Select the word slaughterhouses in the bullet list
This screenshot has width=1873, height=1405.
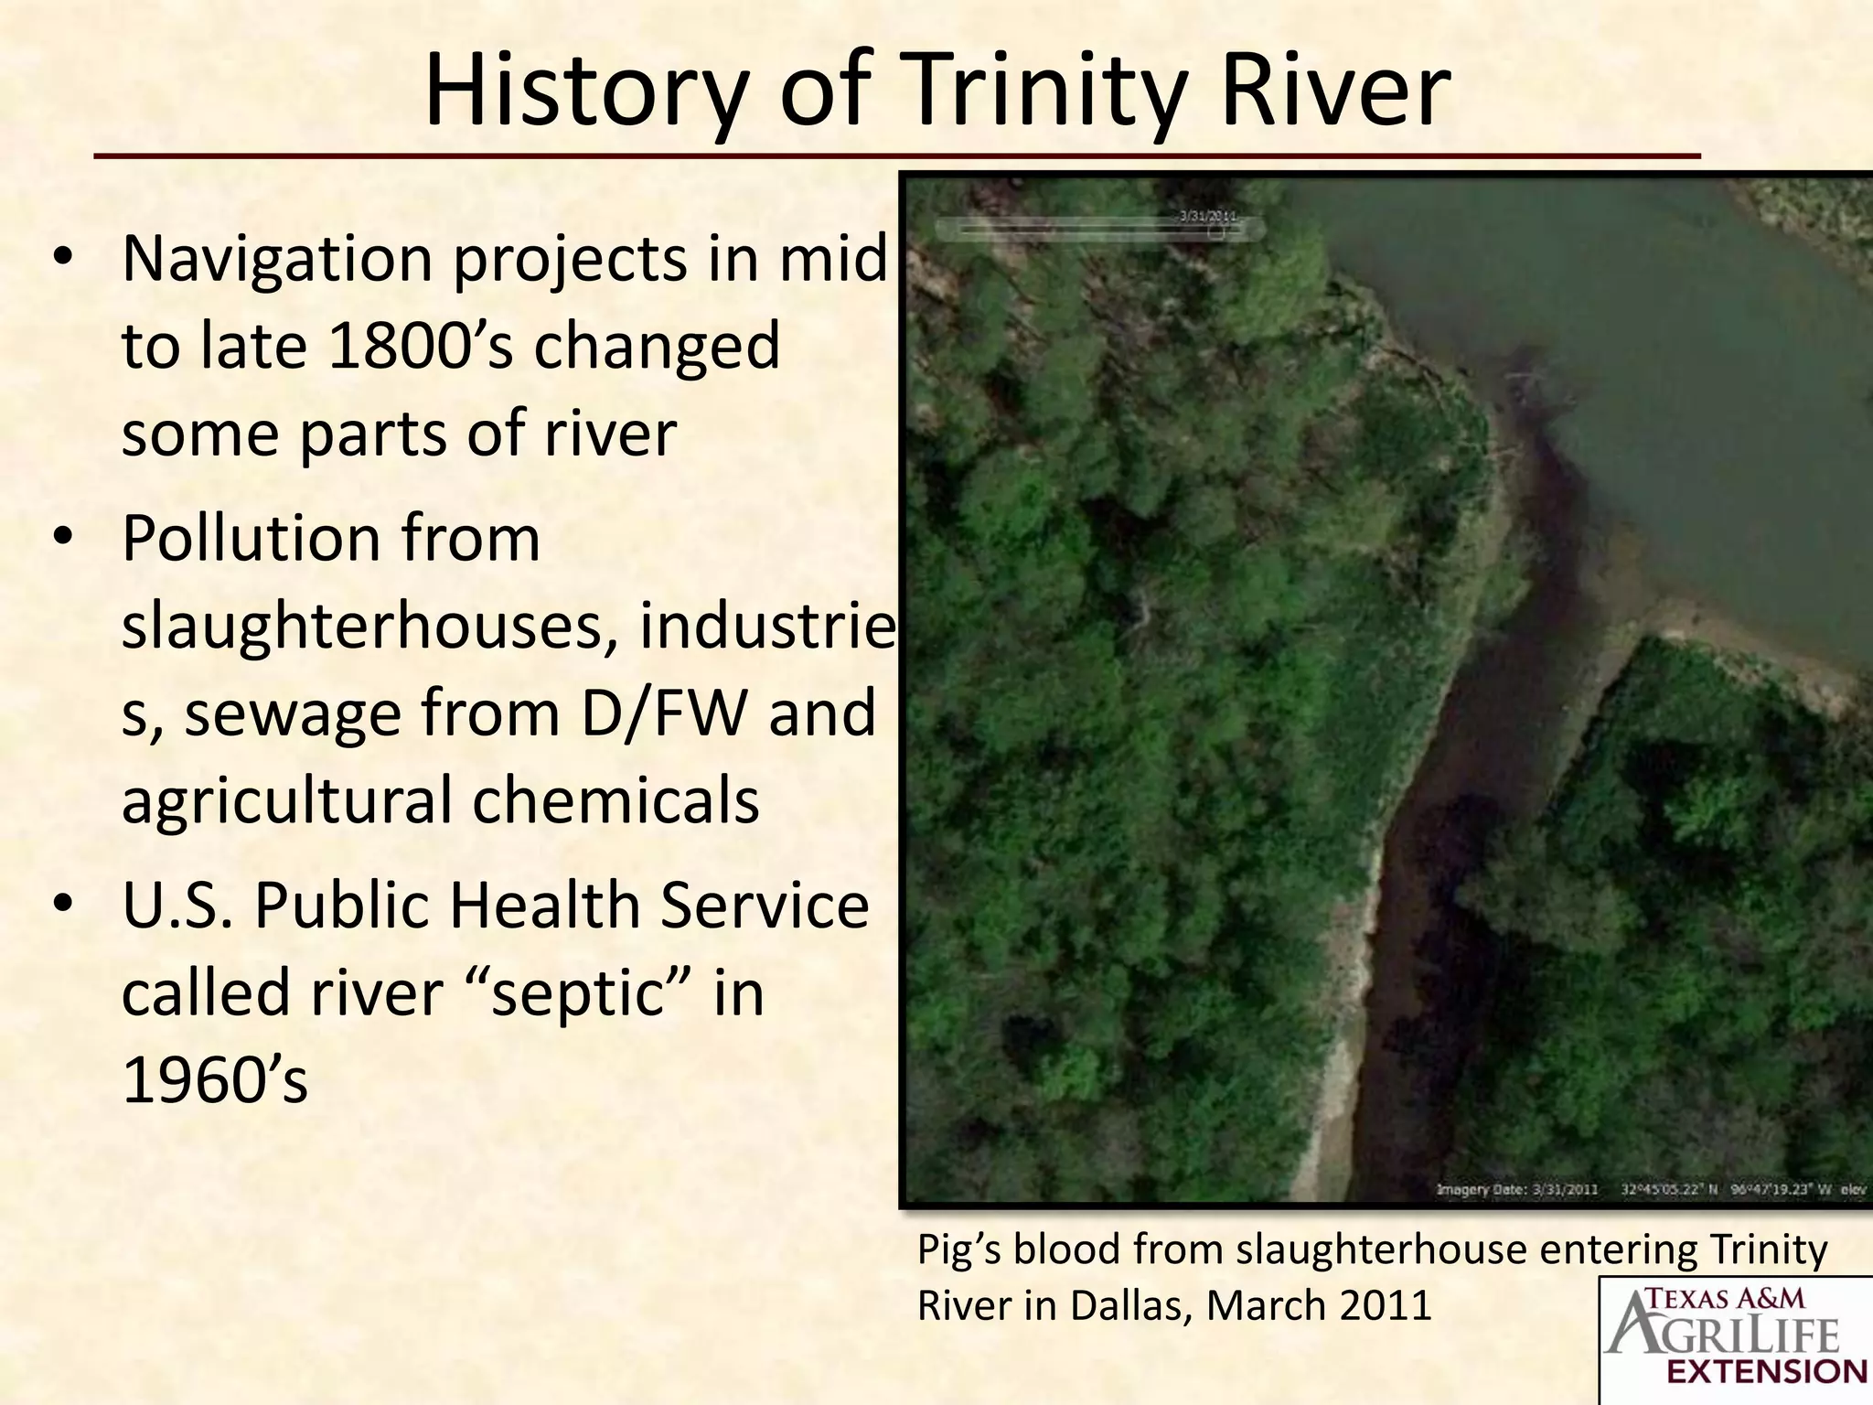[x=369, y=627]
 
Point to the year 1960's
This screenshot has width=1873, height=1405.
[x=214, y=1080]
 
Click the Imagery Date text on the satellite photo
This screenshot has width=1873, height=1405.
[x=1517, y=1190]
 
